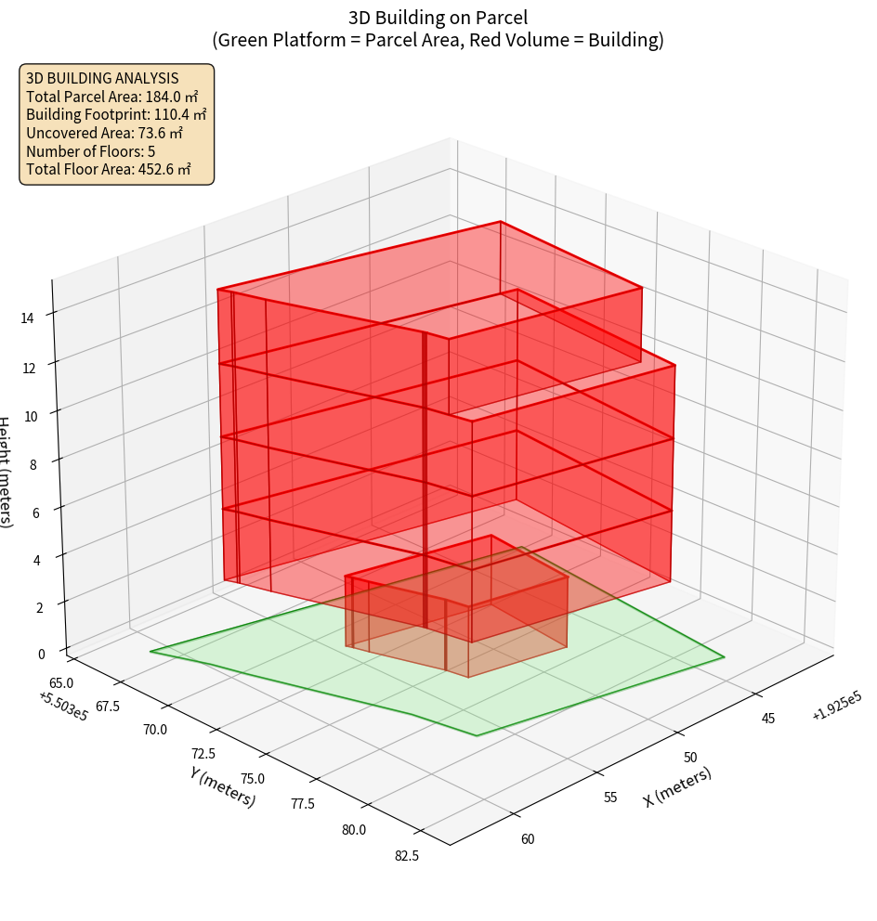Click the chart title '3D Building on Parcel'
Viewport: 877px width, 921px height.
[x=438, y=17]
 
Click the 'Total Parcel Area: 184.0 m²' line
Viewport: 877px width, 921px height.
[x=112, y=97]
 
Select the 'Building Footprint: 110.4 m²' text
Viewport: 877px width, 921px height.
[x=116, y=114]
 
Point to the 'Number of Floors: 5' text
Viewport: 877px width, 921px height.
[x=90, y=150]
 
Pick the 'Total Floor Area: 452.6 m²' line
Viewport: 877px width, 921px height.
[x=109, y=169]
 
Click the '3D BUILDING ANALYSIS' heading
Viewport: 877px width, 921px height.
[x=102, y=78]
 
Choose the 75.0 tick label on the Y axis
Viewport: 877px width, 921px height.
[x=252, y=778]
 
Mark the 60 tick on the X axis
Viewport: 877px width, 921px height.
[x=527, y=839]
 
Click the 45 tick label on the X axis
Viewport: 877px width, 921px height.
[x=768, y=718]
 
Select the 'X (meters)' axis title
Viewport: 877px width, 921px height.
[x=678, y=787]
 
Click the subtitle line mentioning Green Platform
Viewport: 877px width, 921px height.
[x=438, y=40]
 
